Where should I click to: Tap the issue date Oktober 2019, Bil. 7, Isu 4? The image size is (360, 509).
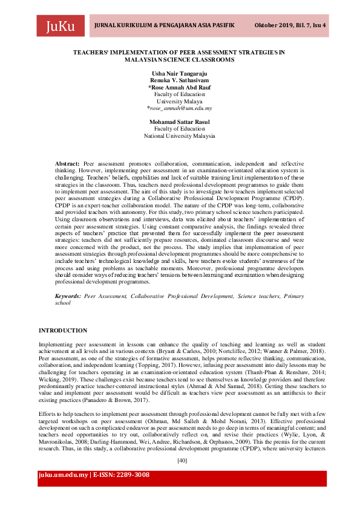(290, 25)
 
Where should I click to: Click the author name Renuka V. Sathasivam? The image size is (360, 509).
(179, 80)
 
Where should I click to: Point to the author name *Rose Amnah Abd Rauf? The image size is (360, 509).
(179, 87)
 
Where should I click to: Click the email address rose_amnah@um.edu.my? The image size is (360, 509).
(180, 108)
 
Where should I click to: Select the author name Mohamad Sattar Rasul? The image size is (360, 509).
(179, 122)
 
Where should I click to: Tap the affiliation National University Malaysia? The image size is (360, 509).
(179, 136)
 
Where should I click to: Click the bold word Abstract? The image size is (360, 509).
(67, 164)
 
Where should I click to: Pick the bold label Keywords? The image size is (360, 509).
(68, 296)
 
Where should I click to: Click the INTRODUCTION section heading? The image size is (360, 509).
(63, 331)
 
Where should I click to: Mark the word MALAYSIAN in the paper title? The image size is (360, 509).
(147, 60)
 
